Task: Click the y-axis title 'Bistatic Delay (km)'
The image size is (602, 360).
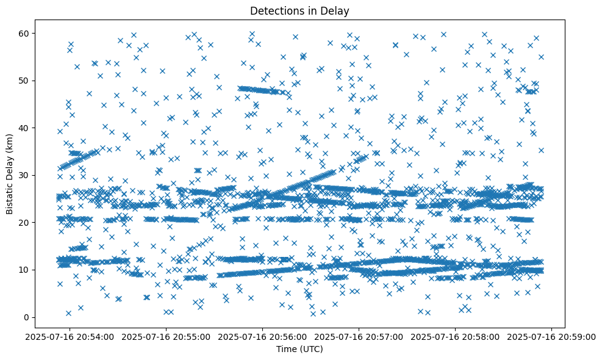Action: coord(10,173)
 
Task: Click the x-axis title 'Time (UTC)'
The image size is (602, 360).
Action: coord(299,349)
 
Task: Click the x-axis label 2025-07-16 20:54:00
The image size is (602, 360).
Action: coord(69,336)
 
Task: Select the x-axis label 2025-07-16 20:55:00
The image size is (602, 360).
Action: coord(165,336)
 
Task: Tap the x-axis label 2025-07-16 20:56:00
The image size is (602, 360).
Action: coord(262,336)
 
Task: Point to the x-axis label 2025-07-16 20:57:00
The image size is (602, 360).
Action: coord(359,336)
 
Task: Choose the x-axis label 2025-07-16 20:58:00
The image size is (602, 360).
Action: coord(456,336)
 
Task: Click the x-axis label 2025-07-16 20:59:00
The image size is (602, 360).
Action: coord(552,336)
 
